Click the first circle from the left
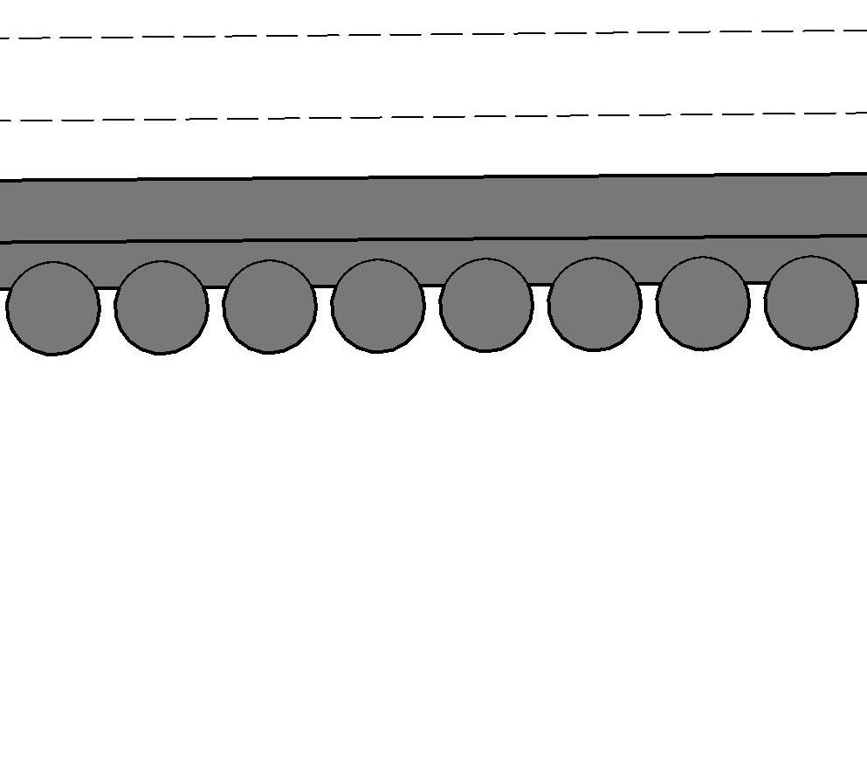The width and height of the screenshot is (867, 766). (x=52, y=308)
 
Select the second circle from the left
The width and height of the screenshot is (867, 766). (x=162, y=307)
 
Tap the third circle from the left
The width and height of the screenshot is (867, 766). (x=270, y=307)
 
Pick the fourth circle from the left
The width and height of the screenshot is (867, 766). (x=378, y=306)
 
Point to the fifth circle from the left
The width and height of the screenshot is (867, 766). (x=486, y=305)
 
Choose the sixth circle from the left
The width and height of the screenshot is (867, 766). (x=595, y=304)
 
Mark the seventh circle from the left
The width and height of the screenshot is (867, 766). (x=703, y=303)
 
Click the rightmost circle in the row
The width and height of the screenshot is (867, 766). (x=811, y=302)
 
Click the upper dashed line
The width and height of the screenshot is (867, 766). (x=437, y=35)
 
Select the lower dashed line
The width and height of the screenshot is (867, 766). (x=437, y=117)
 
